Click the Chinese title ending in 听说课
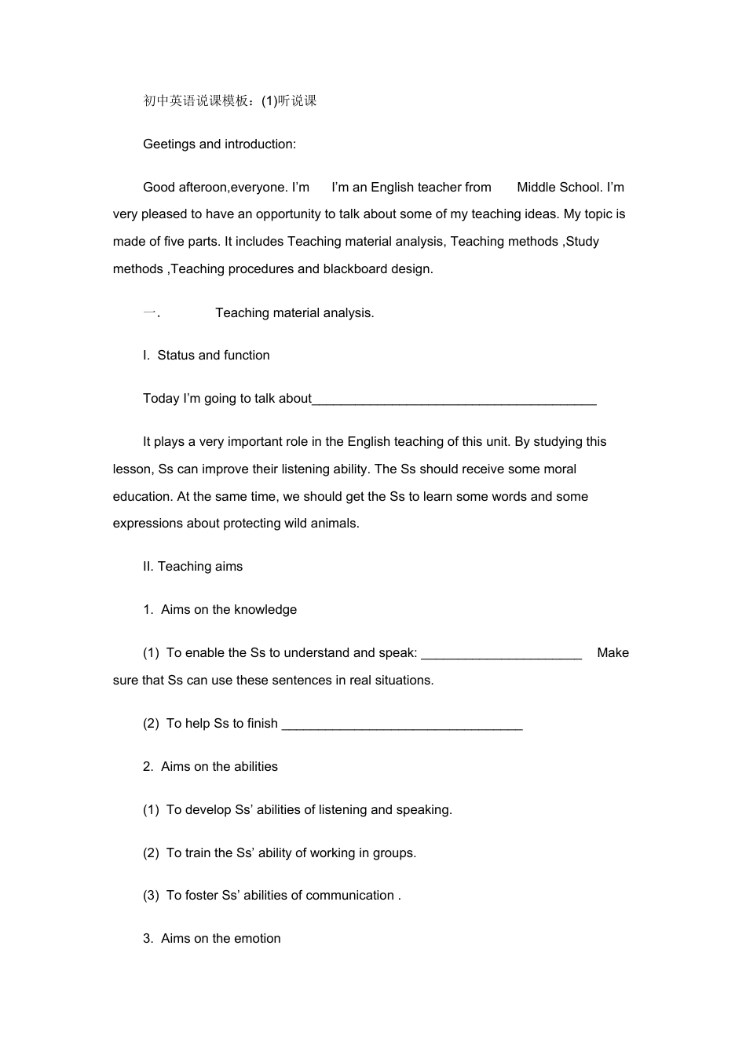tap(230, 100)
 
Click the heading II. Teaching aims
tap(193, 567)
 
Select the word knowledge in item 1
tap(265, 610)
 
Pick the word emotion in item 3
tap(257, 939)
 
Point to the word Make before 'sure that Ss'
tap(613, 653)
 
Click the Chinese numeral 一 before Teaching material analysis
tap(149, 312)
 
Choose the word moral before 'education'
tap(558, 469)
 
